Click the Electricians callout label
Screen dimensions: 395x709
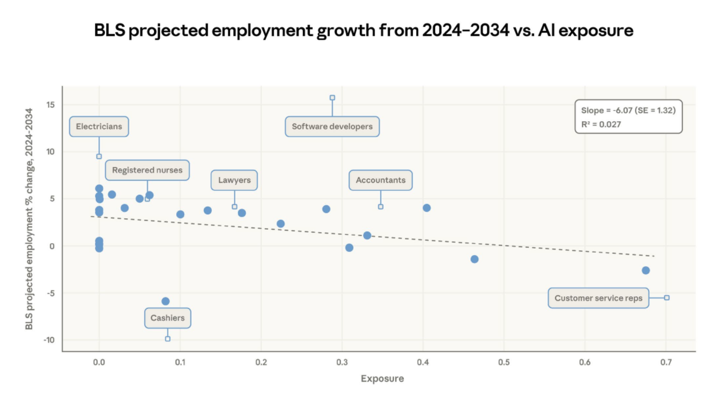click(x=99, y=126)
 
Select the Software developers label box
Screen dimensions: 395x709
click(x=332, y=126)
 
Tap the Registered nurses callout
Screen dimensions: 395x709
click(x=147, y=170)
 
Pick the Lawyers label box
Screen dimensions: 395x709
click(x=234, y=180)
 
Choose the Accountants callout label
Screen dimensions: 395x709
click(x=380, y=180)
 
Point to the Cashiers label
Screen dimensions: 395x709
click(x=168, y=318)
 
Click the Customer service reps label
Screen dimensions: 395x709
click(x=598, y=298)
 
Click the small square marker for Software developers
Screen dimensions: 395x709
click(x=332, y=98)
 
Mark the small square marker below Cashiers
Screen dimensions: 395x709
click(x=168, y=339)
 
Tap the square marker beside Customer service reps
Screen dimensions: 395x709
click(x=667, y=298)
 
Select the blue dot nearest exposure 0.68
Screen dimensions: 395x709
click(x=646, y=270)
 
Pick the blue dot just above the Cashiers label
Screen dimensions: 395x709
click(x=165, y=301)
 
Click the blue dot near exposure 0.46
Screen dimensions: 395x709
click(x=474, y=259)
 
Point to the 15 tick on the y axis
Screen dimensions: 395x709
click(x=50, y=105)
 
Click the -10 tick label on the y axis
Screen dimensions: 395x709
click(x=49, y=340)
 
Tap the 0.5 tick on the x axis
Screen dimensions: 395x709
click(x=504, y=362)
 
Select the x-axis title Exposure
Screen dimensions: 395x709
click(x=382, y=379)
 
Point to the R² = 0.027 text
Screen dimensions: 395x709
click(x=601, y=124)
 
